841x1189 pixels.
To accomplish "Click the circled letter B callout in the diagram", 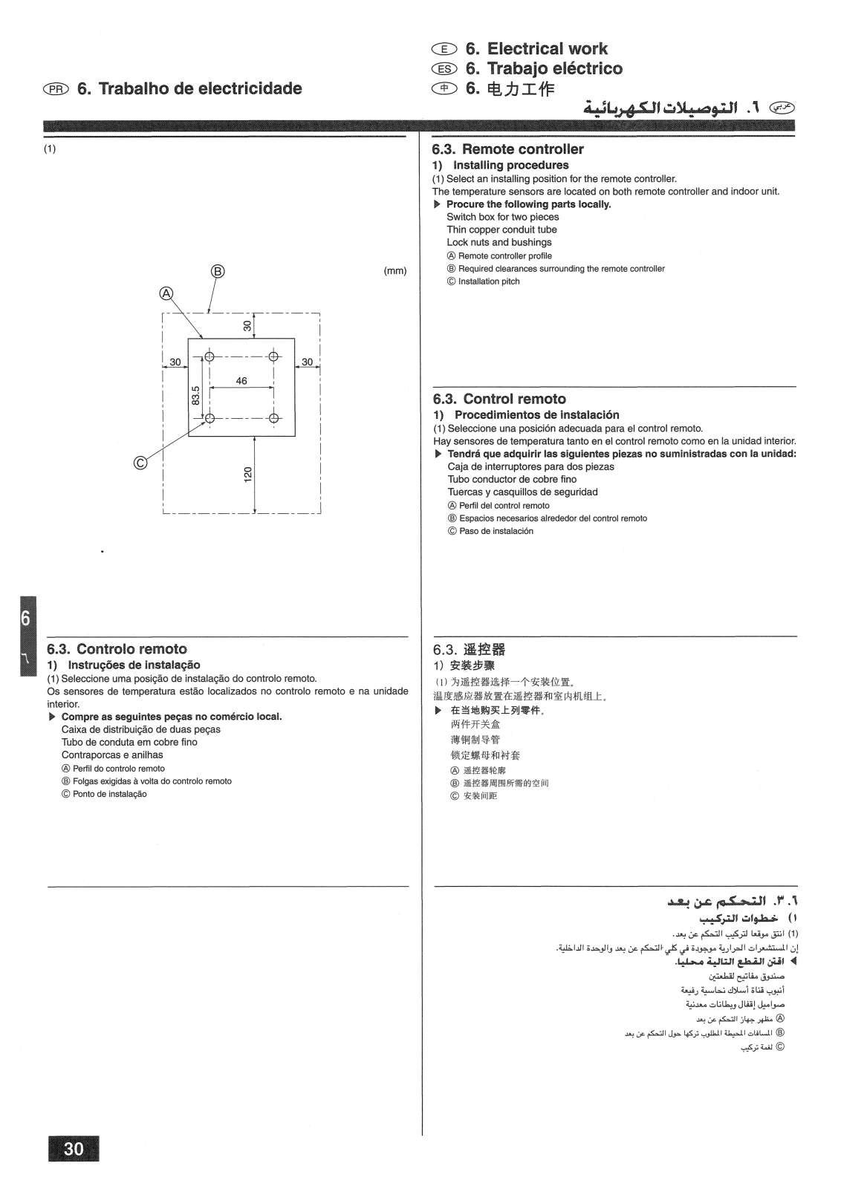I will pos(218,270).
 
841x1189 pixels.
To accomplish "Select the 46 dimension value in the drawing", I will pos(241,381).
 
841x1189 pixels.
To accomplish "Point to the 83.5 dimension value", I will pos(196,395).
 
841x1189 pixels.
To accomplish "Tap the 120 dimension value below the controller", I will pos(248,473).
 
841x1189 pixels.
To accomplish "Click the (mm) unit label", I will pos(394,270).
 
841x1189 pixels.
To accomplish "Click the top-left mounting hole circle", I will pos(210,357).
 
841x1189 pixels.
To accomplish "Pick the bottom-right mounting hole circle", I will pos(274,418).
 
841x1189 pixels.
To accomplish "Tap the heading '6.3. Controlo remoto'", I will pos(117,649).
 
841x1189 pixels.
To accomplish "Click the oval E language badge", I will pos(442,50).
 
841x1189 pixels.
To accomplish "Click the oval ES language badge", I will pos(442,69).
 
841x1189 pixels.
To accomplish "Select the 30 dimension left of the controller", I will pos(175,362).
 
